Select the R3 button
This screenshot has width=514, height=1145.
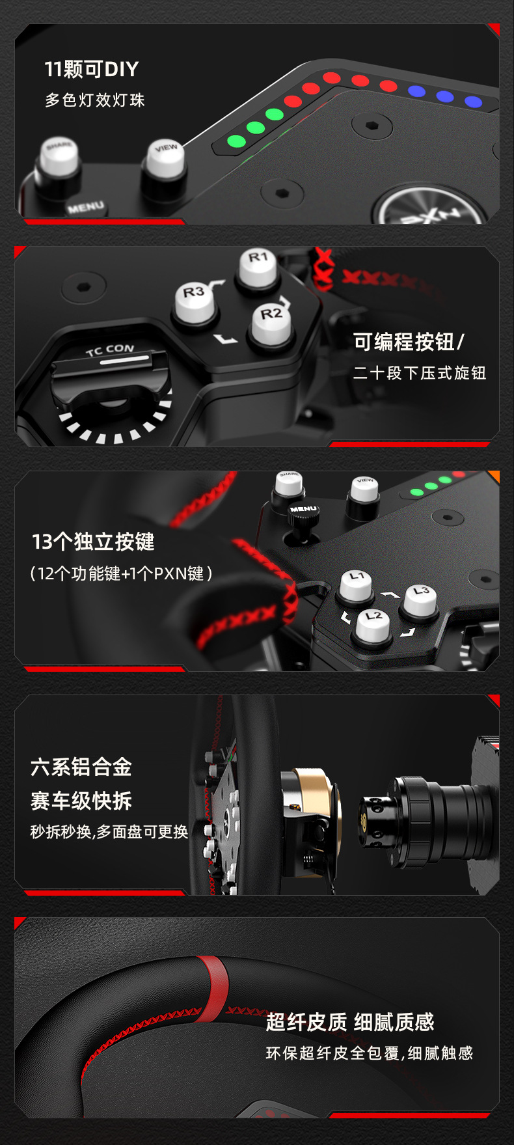pyautogui.click(x=195, y=303)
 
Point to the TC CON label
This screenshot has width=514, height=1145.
pyautogui.click(x=110, y=350)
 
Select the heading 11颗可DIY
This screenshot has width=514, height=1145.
pyautogui.click(x=92, y=69)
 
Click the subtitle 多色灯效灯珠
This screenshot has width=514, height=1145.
pyautogui.click(x=95, y=100)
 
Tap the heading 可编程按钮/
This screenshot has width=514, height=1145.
pyautogui.click(x=409, y=342)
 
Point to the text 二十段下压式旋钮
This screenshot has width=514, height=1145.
pyautogui.click(x=420, y=373)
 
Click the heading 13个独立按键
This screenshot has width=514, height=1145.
pyautogui.click(x=93, y=542)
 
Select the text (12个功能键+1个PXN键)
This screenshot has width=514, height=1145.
pyautogui.click(x=121, y=573)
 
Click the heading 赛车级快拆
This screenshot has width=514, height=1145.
pyautogui.click(x=81, y=801)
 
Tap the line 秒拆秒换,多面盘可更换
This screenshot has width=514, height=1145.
pyautogui.click(x=109, y=832)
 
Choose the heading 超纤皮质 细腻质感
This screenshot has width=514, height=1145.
pyautogui.click(x=350, y=1022)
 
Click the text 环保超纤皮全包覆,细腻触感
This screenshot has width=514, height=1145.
pyautogui.click(x=370, y=1053)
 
